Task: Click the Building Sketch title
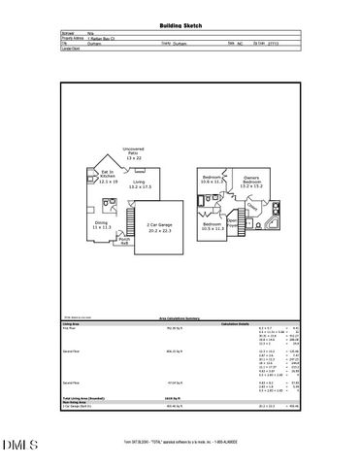180,25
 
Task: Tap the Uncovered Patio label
134,152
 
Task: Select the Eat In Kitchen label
108,177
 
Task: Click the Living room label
139,184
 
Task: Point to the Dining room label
102,224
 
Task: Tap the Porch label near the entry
124,240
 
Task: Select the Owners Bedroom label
250,183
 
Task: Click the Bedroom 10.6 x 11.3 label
213,180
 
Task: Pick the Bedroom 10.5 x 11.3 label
213,227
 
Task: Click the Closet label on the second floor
250,206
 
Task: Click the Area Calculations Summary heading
180,317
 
